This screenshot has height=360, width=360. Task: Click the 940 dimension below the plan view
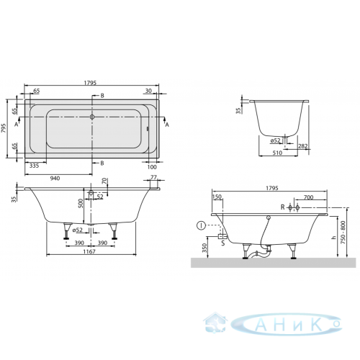click(x=55, y=179)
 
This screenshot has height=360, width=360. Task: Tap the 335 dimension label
click(x=34, y=166)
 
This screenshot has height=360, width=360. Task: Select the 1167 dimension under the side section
click(x=89, y=251)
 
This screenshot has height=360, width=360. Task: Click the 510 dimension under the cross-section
click(x=277, y=153)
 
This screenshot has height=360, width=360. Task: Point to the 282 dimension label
click(x=302, y=146)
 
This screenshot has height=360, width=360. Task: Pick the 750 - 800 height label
click(x=343, y=233)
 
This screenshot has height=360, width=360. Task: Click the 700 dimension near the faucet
click(x=308, y=197)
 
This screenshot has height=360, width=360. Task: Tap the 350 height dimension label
click(x=204, y=248)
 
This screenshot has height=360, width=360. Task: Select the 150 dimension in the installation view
click(x=217, y=197)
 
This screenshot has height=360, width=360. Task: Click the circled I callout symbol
click(x=201, y=225)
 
